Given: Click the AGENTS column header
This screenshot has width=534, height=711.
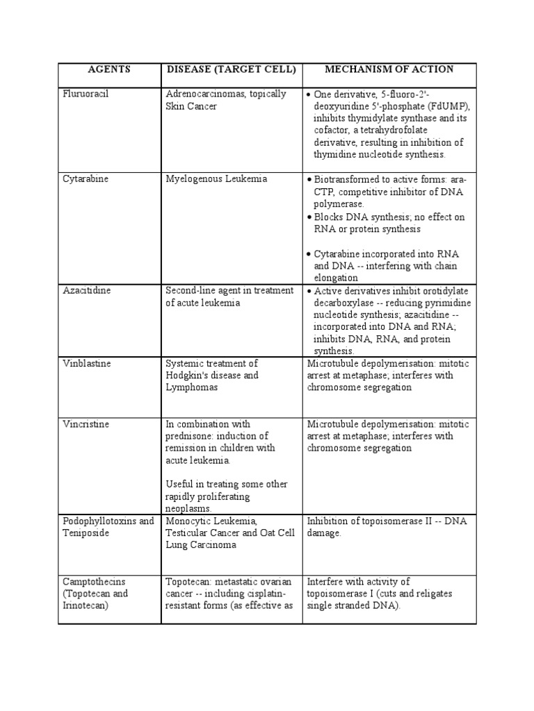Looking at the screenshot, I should (109, 69).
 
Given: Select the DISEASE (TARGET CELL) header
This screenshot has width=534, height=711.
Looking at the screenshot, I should (231, 69).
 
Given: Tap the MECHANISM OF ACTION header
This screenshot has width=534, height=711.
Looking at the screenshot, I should (389, 69).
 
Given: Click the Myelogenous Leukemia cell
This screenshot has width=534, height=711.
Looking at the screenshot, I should (216, 179).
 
